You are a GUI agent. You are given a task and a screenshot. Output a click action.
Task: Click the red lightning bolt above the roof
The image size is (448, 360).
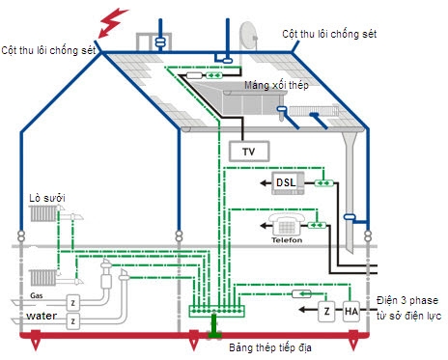[115, 19]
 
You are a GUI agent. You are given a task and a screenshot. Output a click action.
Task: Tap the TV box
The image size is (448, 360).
[248, 152]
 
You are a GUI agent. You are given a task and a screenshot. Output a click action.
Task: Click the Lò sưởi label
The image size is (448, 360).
[46, 197]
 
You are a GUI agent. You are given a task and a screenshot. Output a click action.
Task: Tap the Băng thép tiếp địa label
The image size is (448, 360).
[269, 346]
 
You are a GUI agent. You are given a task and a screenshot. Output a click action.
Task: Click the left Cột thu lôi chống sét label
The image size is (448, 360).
[48, 48]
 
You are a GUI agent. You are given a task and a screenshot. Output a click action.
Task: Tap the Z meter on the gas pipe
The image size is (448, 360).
[71, 302]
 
